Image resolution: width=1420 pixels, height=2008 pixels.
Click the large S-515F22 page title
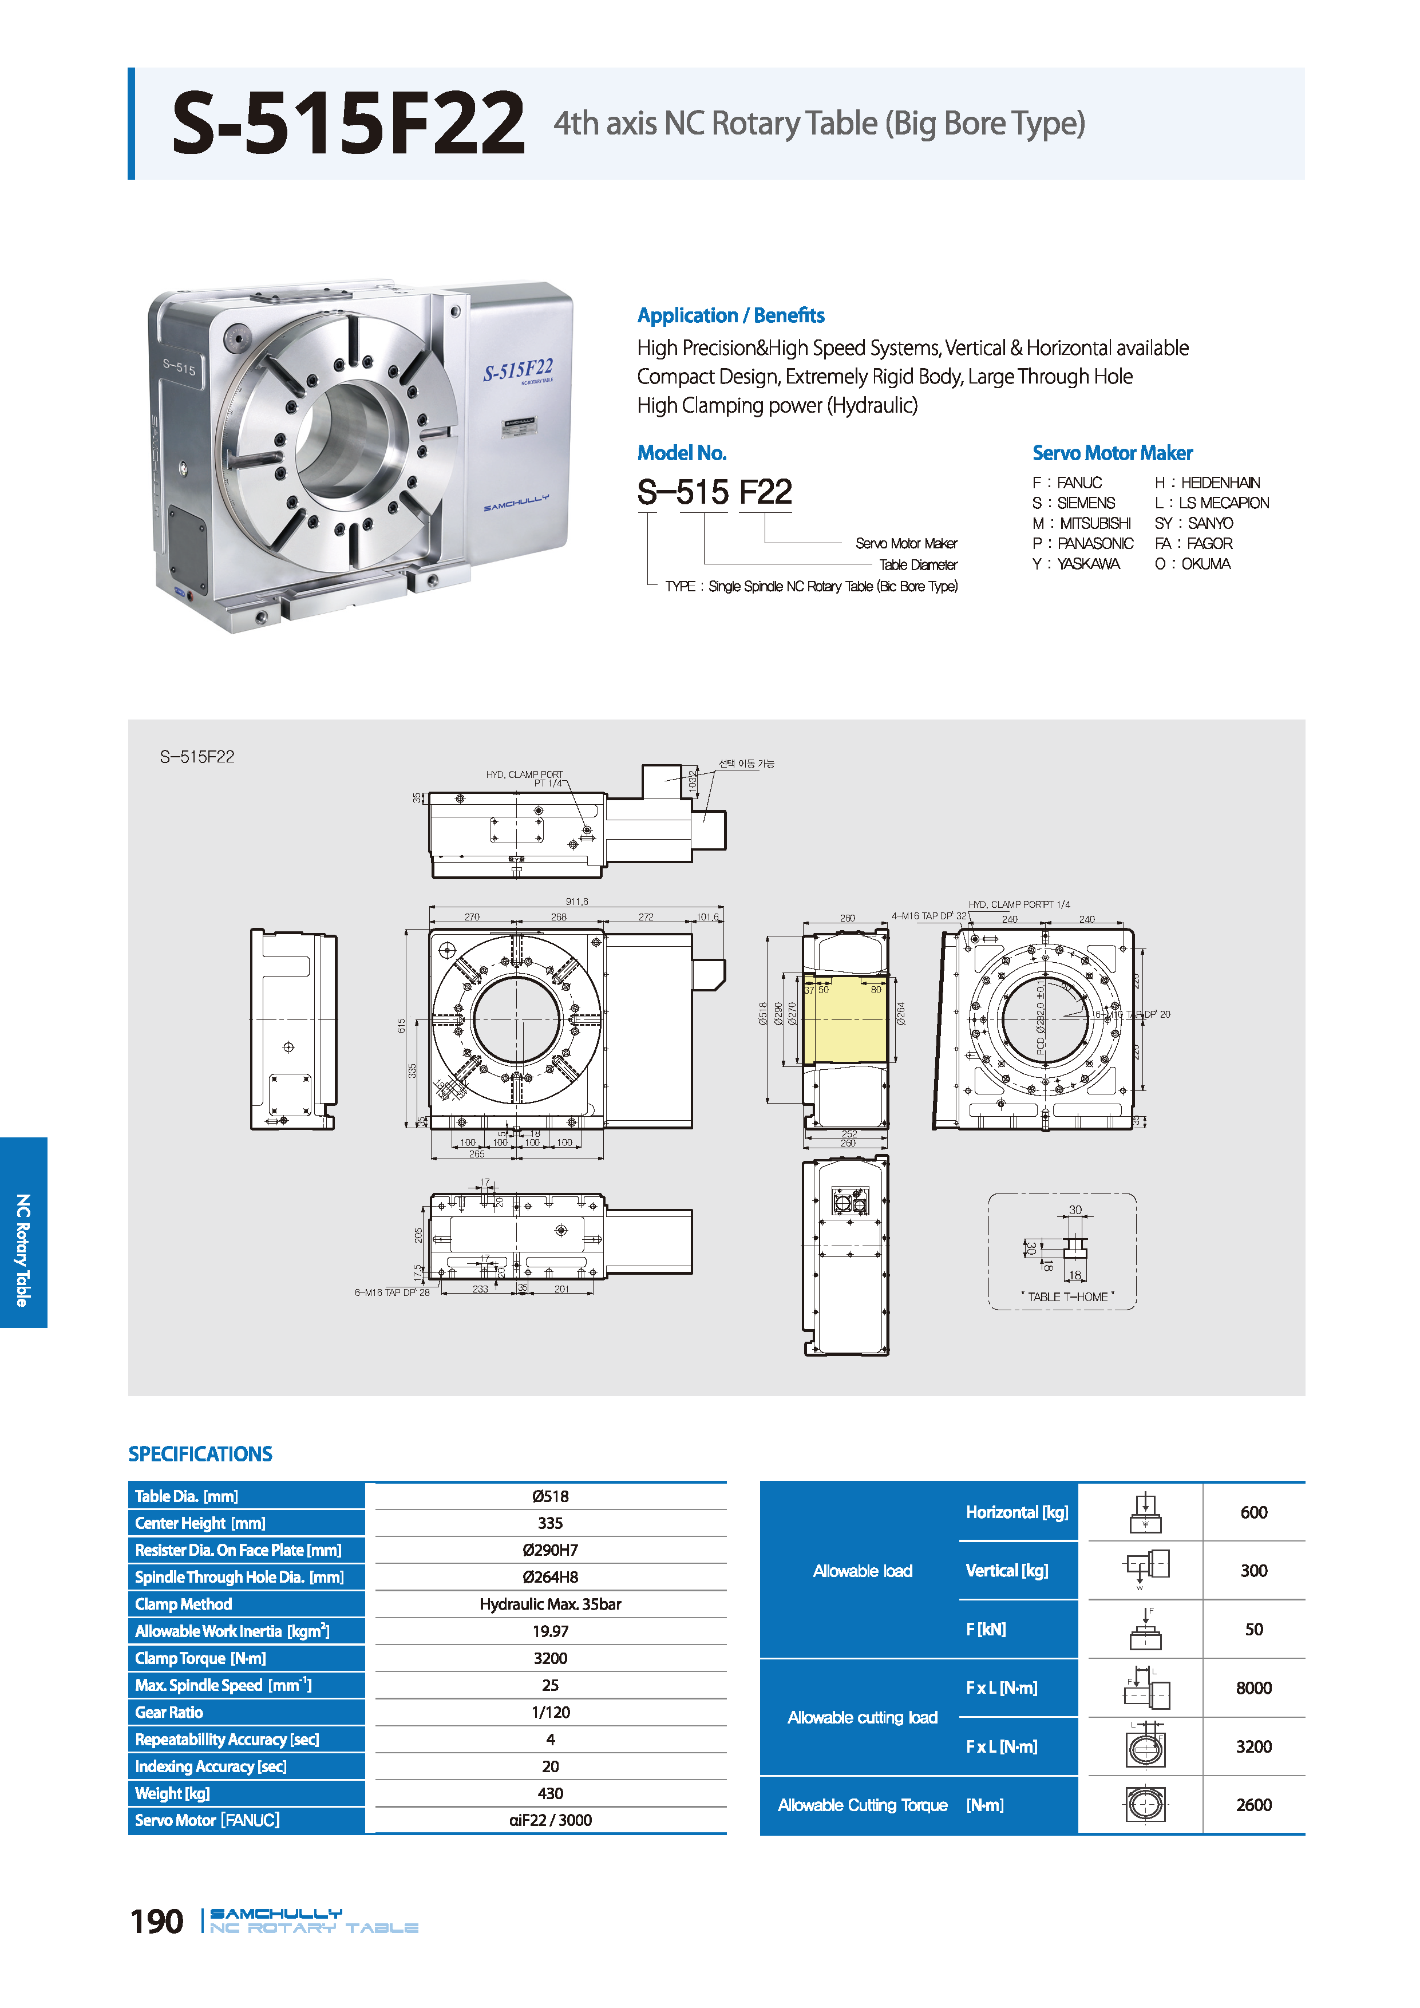(x=348, y=124)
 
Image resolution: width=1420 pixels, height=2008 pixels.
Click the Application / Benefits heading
(x=730, y=316)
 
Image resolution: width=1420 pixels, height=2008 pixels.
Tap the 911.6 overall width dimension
(x=576, y=902)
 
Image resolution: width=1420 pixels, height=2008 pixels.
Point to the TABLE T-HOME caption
(x=1067, y=1297)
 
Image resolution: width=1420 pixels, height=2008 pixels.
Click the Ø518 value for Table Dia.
(x=550, y=1496)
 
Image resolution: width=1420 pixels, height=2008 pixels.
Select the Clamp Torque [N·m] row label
(x=200, y=1658)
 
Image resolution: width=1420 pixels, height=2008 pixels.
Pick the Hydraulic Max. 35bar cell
(x=550, y=1604)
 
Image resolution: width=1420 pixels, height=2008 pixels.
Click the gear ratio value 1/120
(x=550, y=1713)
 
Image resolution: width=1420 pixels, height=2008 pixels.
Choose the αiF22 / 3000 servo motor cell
(x=550, y=1821)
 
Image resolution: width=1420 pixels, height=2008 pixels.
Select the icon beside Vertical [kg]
(x=1145, y=1571)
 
